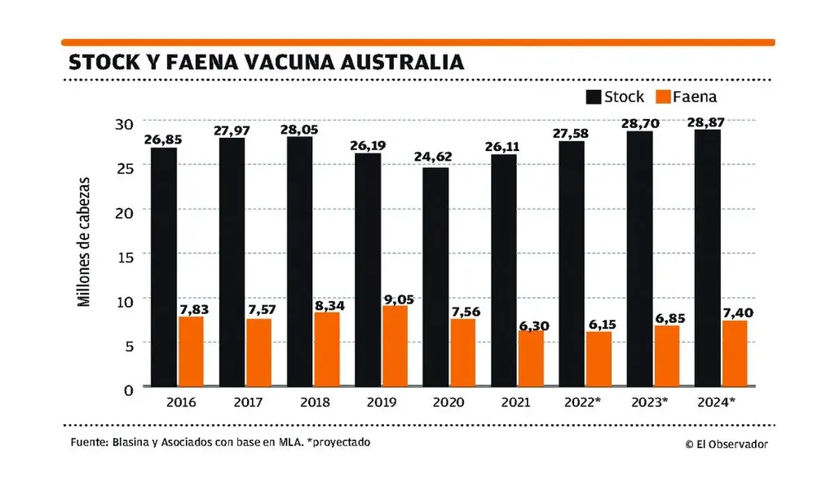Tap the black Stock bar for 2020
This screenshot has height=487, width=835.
click(435, 277)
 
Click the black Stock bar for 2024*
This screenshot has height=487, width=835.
click(707, 258)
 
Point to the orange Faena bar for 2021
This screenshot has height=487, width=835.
click(531, 358)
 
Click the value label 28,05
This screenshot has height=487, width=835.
click(299, 130)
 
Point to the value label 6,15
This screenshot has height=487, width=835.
click(599, 325)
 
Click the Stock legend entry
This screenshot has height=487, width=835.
click(615, 97)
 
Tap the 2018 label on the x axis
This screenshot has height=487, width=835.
click(314, 402)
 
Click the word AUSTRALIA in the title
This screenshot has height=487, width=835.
click(392, 62)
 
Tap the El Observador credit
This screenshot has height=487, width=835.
click(727, 444)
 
